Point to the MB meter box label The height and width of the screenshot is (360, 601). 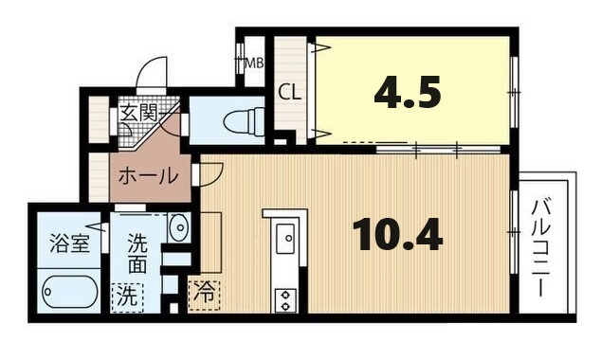coord(254,64)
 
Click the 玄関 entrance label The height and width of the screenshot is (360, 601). coord(138,114)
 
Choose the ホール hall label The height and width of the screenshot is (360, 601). coord(147,175)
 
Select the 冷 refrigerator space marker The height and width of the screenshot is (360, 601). coord(204,293)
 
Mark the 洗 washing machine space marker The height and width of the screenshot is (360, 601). coord(126,295)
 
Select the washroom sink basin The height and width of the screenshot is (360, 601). coord(178,227)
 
